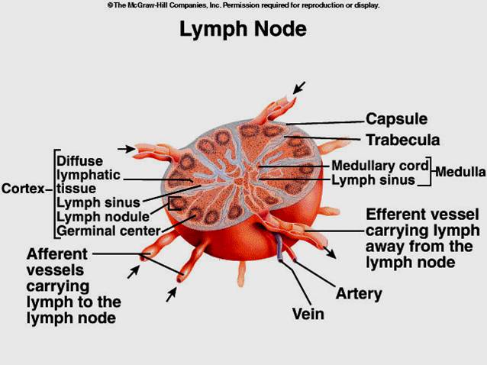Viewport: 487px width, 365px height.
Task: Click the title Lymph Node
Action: click(243, 29)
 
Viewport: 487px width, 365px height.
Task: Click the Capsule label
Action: click(396, 119)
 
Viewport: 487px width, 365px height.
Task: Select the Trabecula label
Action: click(402, 140)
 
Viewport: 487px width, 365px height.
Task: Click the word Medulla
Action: click(460, 172)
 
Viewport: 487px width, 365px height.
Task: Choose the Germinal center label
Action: click(108, 230)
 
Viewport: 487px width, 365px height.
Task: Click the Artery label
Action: click(359, 294)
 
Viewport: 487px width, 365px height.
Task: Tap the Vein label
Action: click(308, 314)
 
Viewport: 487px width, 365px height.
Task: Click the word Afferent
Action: click(57, 254)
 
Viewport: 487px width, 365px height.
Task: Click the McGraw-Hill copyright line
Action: click(243, 5)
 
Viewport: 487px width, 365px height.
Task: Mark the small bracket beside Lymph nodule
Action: click(175, 204)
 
